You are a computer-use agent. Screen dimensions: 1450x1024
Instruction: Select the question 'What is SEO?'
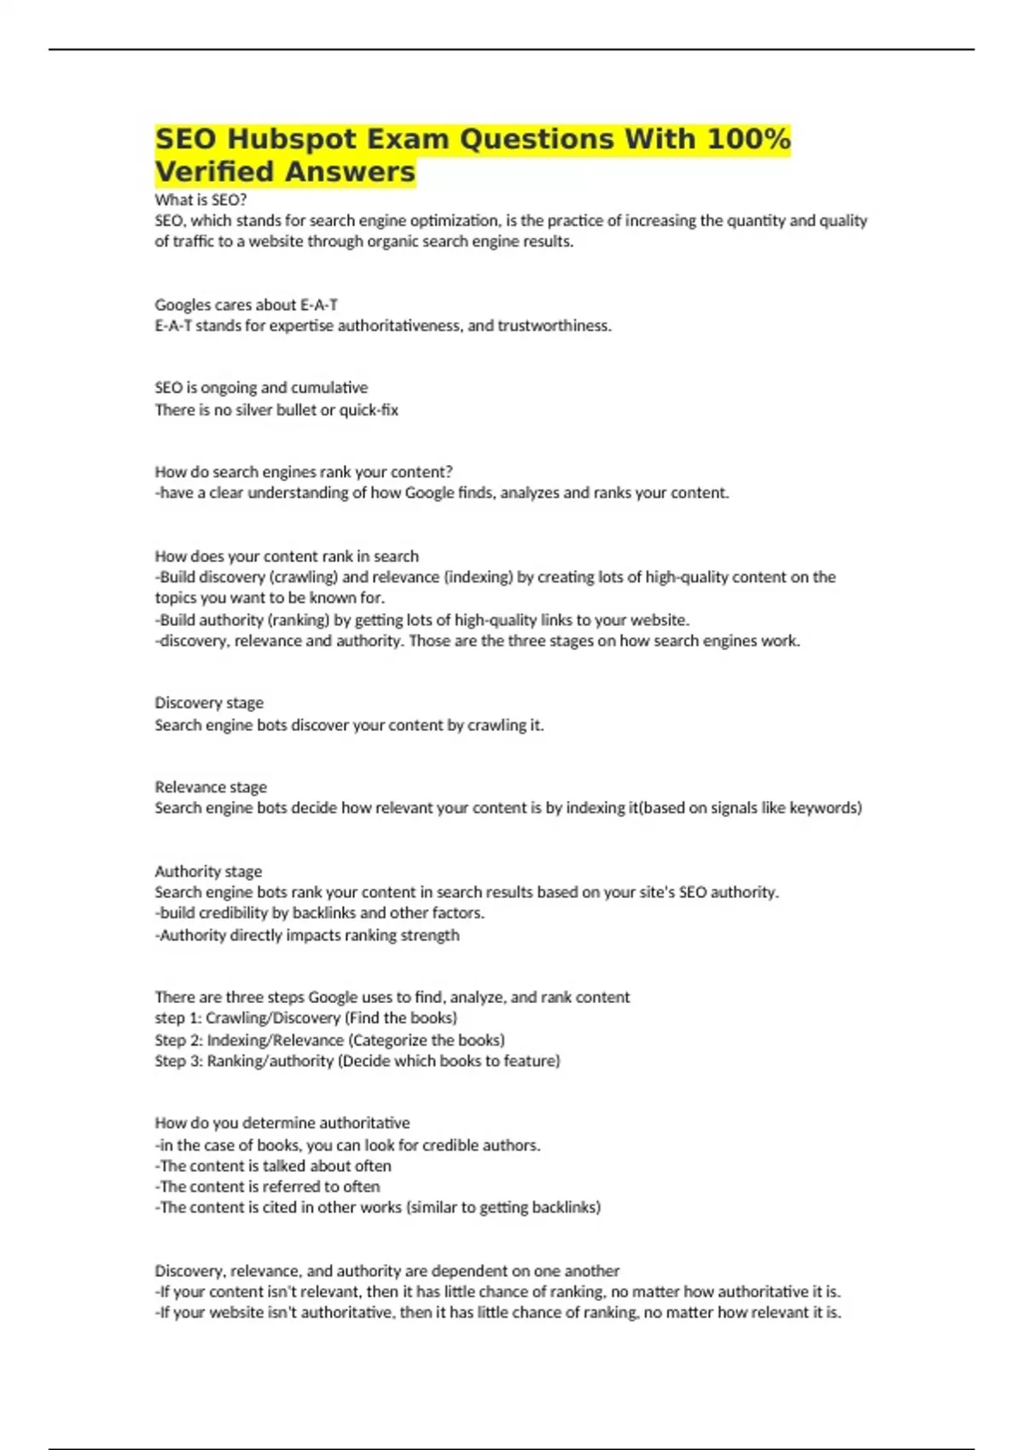201,200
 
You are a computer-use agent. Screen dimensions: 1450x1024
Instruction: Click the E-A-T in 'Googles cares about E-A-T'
319,304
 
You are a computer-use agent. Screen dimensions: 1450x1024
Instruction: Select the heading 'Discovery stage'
209,703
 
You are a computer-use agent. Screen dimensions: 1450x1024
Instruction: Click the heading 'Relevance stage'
211,786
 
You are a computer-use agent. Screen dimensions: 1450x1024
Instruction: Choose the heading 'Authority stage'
208,872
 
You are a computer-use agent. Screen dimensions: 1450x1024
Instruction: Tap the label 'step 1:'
177,1018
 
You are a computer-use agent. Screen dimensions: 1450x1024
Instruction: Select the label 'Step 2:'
178,1041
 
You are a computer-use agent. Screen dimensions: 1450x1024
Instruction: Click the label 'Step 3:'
178,1061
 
